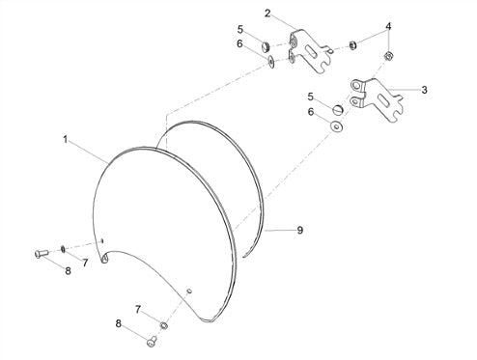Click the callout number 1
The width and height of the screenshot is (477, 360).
coord(66,140)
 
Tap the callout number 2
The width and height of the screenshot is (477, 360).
coord(267,14)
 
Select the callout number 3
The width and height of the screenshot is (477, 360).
coord(425,90)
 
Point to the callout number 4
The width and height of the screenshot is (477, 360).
coord(388,26)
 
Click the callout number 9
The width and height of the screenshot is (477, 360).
coord(300,230)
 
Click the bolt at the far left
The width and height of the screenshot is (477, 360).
coord(42,254)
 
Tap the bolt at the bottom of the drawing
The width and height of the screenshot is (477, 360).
coord(152,342)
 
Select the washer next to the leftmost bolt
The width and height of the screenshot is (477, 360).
coord(63,249)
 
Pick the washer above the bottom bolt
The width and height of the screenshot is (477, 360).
coord(164,325)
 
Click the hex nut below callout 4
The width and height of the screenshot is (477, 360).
coord(388,56)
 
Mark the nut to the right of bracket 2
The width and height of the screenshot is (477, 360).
coord(352,45)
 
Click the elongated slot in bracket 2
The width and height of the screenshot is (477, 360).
coord(312,51)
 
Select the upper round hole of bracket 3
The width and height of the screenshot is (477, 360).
coord(355,85)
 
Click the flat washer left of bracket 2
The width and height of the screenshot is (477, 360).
coord(271,62)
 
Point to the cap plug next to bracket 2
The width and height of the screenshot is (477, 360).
coord(266,47)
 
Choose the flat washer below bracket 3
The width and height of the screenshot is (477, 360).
coord(336,126)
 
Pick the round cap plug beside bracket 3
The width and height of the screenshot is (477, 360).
coord(338,109)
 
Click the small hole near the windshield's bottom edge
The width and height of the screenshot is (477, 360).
coord(189,291)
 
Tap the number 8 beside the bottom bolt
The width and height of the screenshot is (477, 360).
coord(119,323)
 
